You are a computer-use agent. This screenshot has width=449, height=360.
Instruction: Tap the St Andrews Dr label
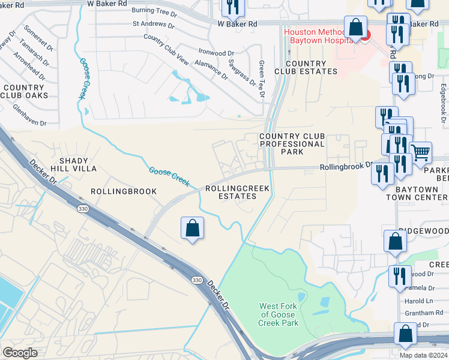(x=153, y=26)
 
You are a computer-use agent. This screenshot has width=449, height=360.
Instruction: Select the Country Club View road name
(x=166, y=49)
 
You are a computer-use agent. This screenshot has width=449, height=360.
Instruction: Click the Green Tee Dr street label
(x=261, y=79)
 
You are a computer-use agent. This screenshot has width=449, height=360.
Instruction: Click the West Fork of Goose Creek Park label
(x=278, y=314)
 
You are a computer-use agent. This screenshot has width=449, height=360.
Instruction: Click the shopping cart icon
(x=421, y=152)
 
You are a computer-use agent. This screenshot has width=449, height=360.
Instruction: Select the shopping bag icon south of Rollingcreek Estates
(x=192, y=228)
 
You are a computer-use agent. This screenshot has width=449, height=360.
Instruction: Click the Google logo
(x=20, y=353)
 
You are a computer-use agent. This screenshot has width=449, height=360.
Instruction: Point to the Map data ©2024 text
(x=423, y=355)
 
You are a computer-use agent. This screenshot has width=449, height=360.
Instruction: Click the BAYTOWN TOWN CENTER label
(x=416, y=193)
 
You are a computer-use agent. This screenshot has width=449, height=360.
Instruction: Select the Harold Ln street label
(x=420, y=301)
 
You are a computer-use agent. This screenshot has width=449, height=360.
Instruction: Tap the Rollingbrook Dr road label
(x=346, y=167)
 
